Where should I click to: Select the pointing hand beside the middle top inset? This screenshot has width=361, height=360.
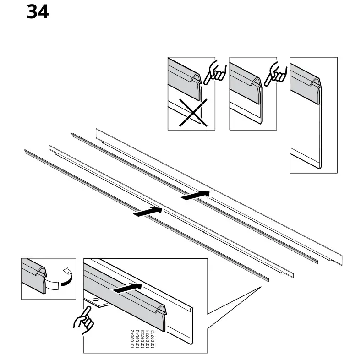click(x=276, y=71)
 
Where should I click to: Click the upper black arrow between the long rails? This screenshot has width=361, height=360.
click(x=195, y=195)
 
